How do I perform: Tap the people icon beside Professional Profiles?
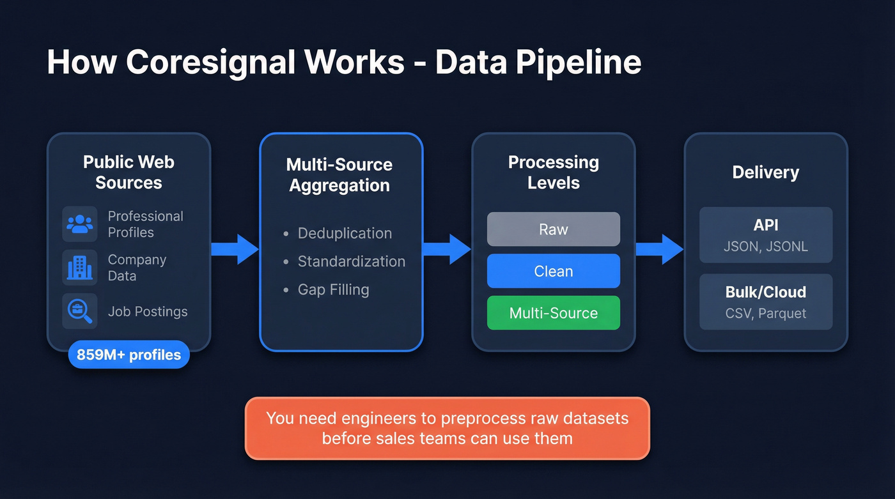coord(80,224)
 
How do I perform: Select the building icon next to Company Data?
coord(80,267)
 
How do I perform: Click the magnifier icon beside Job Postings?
coord(80,311)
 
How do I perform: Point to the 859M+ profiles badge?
coord(128,355)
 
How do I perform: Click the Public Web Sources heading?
coord(128,173)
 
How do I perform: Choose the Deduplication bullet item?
coord(344,233)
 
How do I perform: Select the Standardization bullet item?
coord(351,261)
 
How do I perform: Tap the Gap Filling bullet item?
coord(333,289)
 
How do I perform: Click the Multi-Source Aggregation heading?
coord(339,175)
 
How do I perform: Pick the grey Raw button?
coord(553,229)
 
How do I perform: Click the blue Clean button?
coord(553,271)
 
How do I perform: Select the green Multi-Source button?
coord(553,313)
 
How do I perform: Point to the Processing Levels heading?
coord(553,173)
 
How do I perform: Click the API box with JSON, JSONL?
coord(765,235)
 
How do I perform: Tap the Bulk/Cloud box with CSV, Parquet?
coord(765,302)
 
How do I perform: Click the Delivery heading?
coord(765,173)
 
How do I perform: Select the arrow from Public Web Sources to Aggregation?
coord(235,249)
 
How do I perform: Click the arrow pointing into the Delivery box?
coord(659,249)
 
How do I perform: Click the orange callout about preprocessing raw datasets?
coord(447,428)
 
